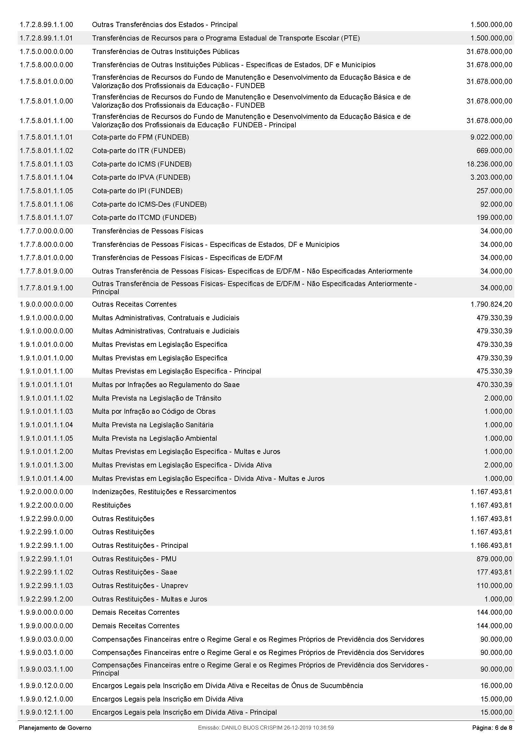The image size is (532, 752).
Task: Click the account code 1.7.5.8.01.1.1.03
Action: point(46,164)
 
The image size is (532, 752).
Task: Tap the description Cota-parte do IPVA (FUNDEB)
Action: point(141,177)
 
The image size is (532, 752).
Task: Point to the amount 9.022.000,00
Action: point(491,137)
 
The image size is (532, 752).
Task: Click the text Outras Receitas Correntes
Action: point(134,304)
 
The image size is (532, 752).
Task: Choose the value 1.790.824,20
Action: point(491,304)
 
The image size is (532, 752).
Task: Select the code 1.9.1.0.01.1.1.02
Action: point(46,398)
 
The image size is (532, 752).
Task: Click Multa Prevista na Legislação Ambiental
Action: point(154,438)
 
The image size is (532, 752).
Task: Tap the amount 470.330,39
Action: point(494,385)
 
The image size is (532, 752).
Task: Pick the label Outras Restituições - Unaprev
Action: point(140,585)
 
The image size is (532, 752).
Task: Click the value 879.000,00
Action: point(494,559)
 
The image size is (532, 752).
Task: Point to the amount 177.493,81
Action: point(494,572)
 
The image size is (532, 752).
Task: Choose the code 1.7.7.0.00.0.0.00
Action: point(46,231)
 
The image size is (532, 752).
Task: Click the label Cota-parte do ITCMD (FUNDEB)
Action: point(144,217)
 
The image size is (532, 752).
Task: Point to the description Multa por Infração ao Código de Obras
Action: point(154,412)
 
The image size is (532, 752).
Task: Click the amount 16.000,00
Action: point(496,685)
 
